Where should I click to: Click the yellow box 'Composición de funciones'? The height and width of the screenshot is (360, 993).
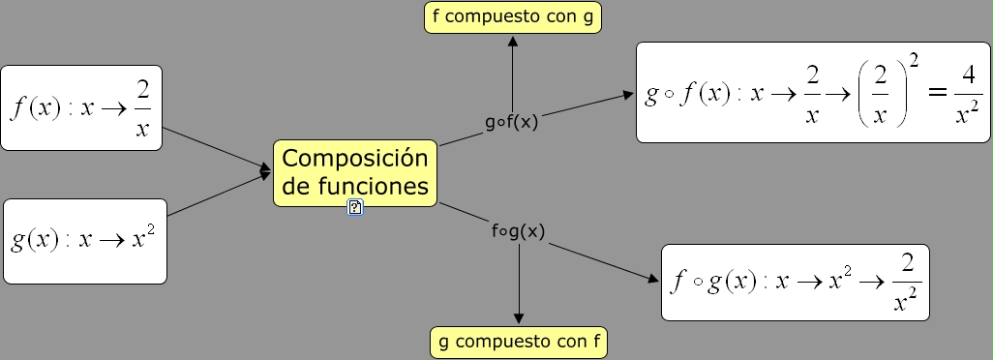[x=354, y=172]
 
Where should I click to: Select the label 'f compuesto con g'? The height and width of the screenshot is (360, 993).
[x=513, y=17]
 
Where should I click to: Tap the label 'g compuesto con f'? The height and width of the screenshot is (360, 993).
[x=519, y=342]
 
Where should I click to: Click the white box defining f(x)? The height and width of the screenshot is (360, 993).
[x=81, y=107]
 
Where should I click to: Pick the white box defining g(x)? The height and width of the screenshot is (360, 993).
[x=85, y=241]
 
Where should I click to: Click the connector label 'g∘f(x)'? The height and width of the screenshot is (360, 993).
[x=512, y=123]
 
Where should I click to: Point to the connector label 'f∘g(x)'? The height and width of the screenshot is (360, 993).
[x=518, y=231]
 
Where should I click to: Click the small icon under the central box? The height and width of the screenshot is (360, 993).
[x=355, y=206]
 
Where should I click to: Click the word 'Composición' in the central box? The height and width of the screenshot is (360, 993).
[x=354, y=158]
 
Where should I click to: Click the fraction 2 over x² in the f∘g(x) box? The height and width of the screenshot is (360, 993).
[x=906, y=284]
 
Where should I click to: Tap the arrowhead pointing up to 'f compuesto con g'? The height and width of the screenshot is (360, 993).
[x=513, y=42]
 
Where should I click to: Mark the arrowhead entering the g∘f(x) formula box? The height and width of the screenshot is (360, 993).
[x=628, y=96]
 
